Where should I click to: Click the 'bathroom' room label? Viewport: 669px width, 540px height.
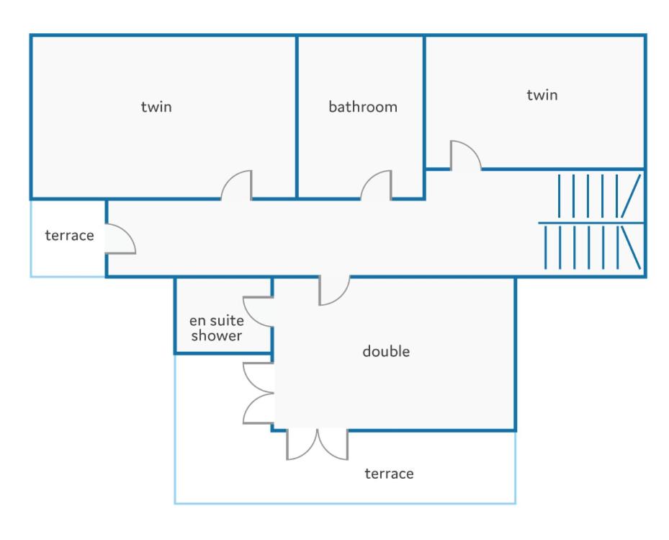tap(363, 107)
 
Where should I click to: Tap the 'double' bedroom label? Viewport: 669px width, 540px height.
tap(386, 351)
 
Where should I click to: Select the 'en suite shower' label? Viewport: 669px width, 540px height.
tap(217, 328)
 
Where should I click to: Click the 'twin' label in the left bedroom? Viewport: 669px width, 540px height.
tap(156, 107)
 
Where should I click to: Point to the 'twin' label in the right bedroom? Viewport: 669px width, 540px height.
tap(542, 94)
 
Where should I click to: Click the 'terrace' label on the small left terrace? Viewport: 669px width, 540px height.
tap(70, 236)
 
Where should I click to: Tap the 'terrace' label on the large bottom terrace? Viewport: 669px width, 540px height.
tap(389, 474)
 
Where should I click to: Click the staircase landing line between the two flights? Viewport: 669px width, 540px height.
tap(591, 223)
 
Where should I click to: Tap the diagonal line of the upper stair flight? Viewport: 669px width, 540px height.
tap(631, 195)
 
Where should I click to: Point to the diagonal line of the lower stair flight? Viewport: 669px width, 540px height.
tap(631, 248)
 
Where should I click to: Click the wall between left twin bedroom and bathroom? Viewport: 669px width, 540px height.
tap(297, 117)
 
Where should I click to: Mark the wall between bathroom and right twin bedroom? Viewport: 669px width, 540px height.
tap(424, 117)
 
